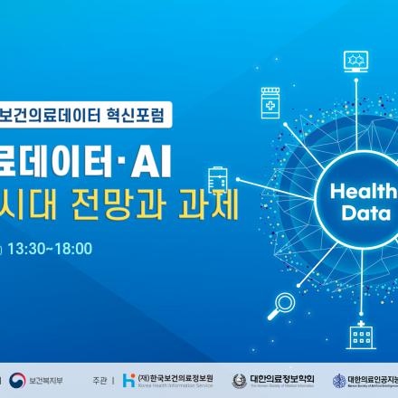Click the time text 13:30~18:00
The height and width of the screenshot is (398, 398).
click(49, 248)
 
